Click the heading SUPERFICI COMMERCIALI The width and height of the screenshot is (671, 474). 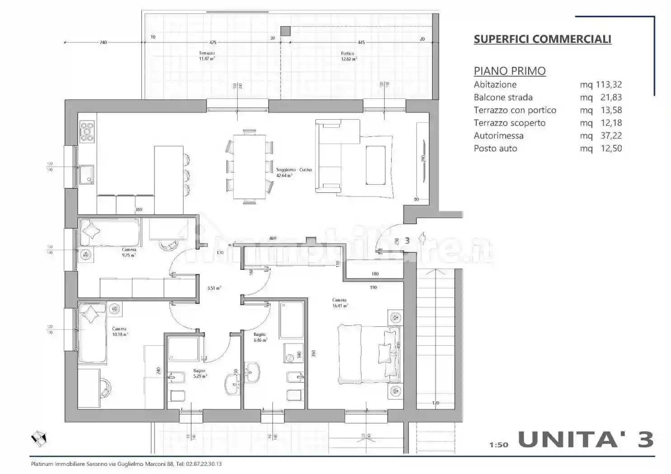[x=542, y=39]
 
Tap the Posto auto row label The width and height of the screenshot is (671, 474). [x=495, y=149]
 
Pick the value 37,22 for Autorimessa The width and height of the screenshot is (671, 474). [x=611, y=136]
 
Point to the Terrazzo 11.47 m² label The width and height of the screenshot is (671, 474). [x=207, y=56]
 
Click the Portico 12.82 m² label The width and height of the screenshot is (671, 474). [x=349, y=56]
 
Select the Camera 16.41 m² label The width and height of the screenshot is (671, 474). [x=340, y=303]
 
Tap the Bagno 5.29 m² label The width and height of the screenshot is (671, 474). [x=200, y=373]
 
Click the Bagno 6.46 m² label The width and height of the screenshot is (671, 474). [x=260, y=337]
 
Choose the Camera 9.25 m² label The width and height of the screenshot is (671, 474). [x=129, y=252]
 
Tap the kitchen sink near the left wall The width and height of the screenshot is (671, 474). [x=86, y=174]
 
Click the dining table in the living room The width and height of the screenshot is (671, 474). [x=249, y=167]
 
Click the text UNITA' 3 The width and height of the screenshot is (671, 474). [x=586, y=439]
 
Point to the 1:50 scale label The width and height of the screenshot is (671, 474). [x=498, y=445]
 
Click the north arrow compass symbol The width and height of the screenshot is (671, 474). [x=39, y=437]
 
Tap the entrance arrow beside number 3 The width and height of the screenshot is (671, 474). [x=421, y=238]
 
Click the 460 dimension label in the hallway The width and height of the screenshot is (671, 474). [x=272, y=238]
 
